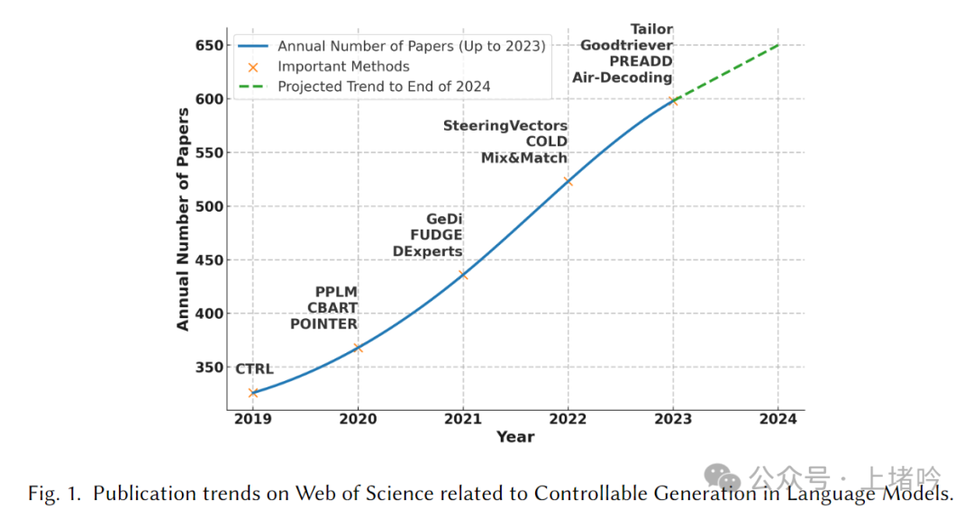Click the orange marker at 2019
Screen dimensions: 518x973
click(253, 393)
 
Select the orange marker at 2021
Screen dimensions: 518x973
click(463, 275)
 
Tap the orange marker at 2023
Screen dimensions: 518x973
click(673, 100)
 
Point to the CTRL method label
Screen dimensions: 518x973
click(254, 369)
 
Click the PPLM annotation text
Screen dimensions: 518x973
click(336, 292)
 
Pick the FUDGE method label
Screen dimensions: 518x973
click(436, 235)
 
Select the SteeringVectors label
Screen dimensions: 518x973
click(505, 126)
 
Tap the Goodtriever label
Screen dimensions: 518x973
click(626, 45)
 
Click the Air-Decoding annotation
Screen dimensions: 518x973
click(623, 77)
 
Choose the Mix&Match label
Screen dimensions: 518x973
click(524, 158)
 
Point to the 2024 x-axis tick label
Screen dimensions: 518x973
click(777, 419)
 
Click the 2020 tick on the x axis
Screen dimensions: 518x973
click(358, 419)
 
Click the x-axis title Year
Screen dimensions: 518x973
click(515, 437)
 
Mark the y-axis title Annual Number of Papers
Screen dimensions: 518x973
click(183, 219)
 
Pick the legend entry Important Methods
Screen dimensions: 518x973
click(343, 67)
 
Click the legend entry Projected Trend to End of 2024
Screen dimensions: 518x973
click(384, 86)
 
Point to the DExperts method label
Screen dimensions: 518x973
click(428, 251)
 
